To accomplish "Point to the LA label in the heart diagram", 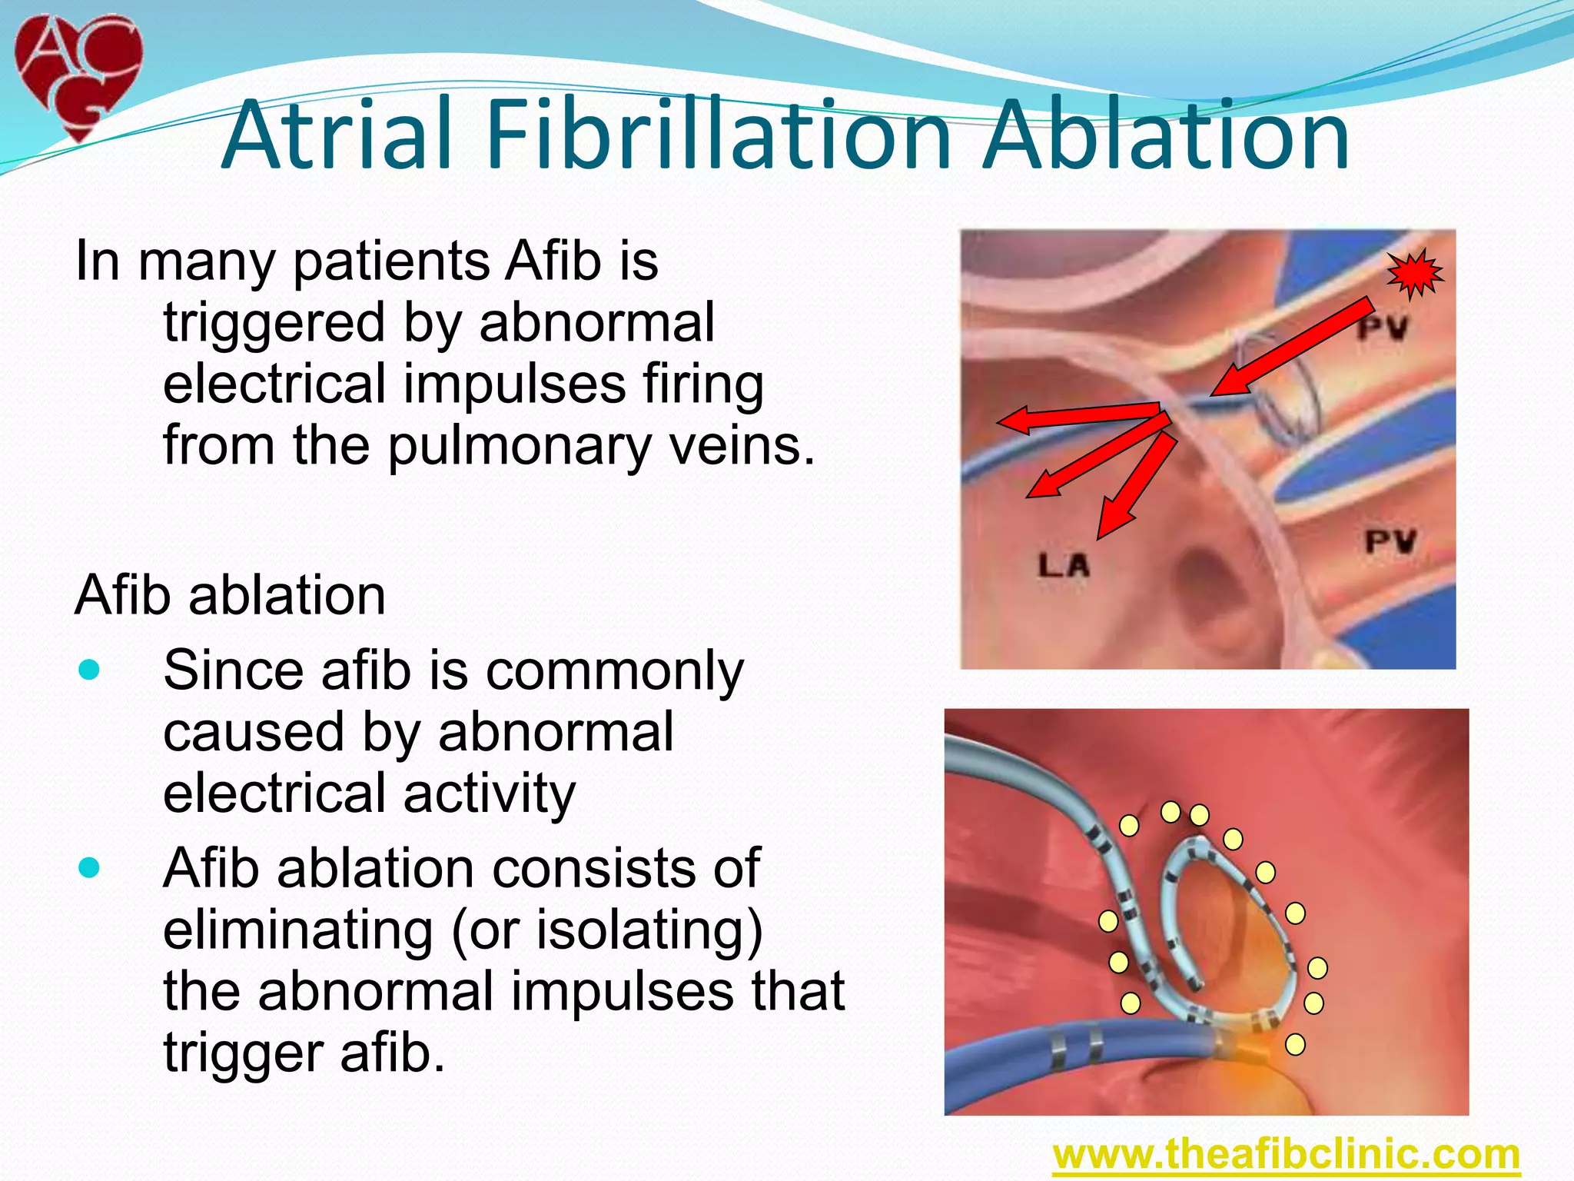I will (x=1064, y=566).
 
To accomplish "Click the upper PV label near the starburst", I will (x=1382, y=329).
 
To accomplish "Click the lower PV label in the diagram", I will (x=1390, y=542).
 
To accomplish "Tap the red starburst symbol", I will (x=1416, y=273).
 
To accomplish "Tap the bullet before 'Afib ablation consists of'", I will (x=90, y=868).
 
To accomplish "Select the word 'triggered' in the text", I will (x=274, y=324).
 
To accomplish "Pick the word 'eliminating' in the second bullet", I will (x=298, y=930).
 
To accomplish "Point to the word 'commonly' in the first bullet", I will (x=615, y=671).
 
